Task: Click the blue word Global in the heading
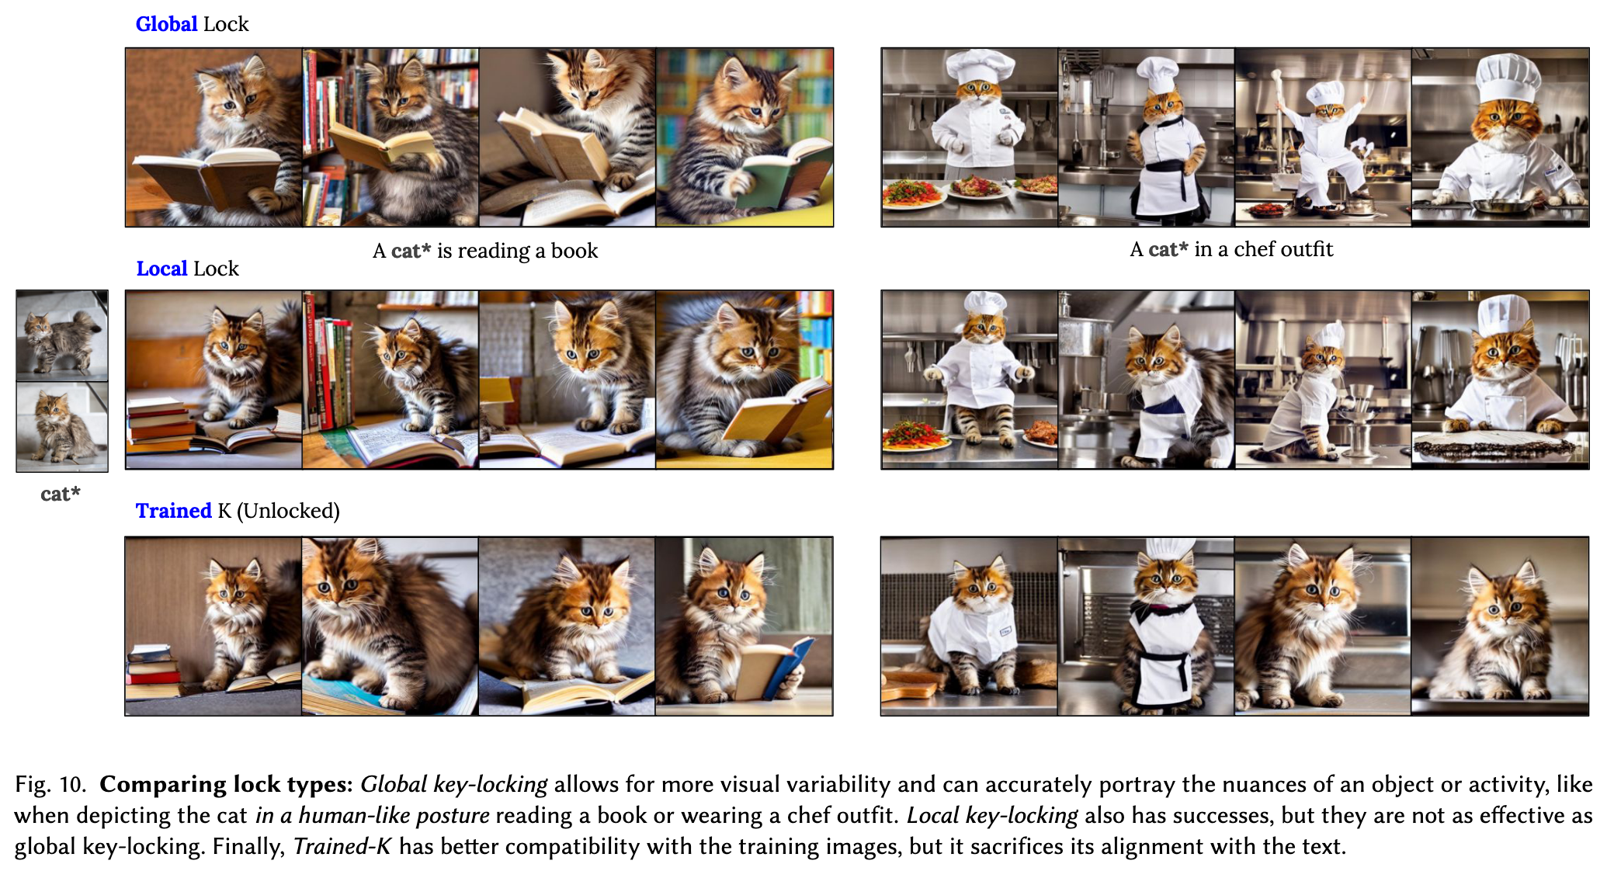166,24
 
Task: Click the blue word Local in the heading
161,269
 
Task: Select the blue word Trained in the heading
173,511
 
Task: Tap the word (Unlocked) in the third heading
288,511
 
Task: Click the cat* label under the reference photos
61,494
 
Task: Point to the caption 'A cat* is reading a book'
485,251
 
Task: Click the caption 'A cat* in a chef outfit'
1231,249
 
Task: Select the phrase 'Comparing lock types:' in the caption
226,784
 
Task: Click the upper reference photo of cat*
62,335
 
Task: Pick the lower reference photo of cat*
62,427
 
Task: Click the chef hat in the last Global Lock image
1508,78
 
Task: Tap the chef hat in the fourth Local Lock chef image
1503,316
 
